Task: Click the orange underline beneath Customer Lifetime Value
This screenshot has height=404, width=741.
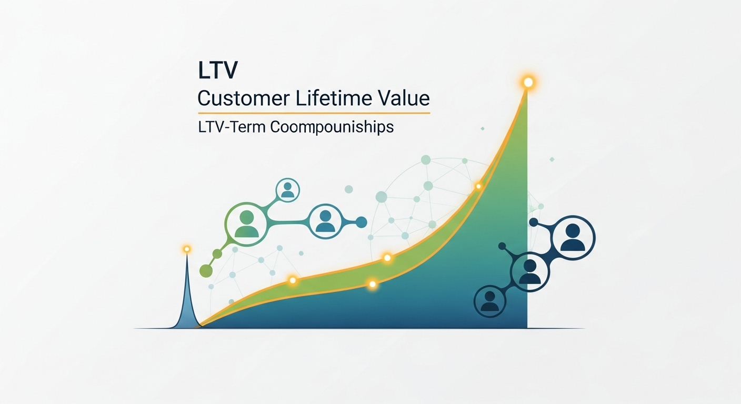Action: (314, 113)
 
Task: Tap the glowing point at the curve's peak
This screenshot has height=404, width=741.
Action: (528, 82)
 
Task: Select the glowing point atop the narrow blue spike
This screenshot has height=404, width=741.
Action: (186, 249)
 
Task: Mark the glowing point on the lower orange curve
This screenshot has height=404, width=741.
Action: (373, 284)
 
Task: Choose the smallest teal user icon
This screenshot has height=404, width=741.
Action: (287, 190)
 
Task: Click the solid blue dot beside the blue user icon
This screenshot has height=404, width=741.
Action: (361, 223)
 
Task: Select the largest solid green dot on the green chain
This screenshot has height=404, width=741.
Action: (206, 271)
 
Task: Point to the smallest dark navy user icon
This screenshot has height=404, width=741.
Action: (490, 301)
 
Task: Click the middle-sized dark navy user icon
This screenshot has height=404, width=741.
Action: (530, 271)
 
